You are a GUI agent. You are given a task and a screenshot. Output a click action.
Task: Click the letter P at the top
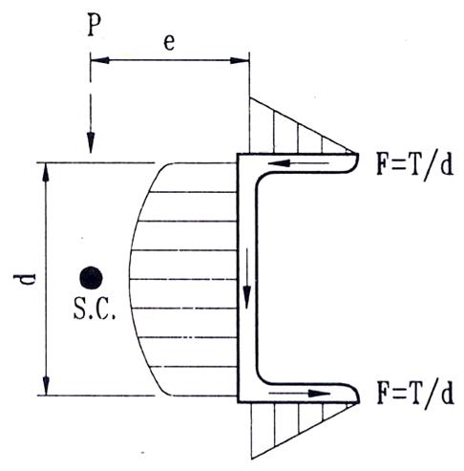pos(94,24)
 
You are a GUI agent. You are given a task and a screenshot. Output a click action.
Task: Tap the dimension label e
pos(169,42)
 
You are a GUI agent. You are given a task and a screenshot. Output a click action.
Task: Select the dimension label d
pos(24,279)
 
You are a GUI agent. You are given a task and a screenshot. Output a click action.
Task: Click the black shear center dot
pos(91,278)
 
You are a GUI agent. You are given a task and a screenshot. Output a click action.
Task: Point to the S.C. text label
pos(95,309)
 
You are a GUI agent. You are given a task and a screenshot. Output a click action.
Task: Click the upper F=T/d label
pos(414,167)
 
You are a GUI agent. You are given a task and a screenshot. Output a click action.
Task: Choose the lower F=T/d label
pos(414,393)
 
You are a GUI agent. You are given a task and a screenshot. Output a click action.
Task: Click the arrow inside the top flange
pos(299,163)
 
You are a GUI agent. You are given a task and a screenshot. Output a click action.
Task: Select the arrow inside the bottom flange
pos(299,394)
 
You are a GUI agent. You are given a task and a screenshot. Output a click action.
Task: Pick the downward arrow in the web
pos(247,278)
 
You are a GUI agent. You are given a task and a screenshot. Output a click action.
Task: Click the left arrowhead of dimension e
pos(100,60)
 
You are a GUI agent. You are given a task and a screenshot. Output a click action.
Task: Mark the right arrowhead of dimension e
pos(240,60)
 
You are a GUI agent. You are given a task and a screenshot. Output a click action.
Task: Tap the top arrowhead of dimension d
pos(46,172)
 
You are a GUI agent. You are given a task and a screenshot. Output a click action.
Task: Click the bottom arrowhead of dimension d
pos(46,386)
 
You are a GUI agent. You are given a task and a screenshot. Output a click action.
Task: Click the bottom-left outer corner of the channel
pos(238,402)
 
